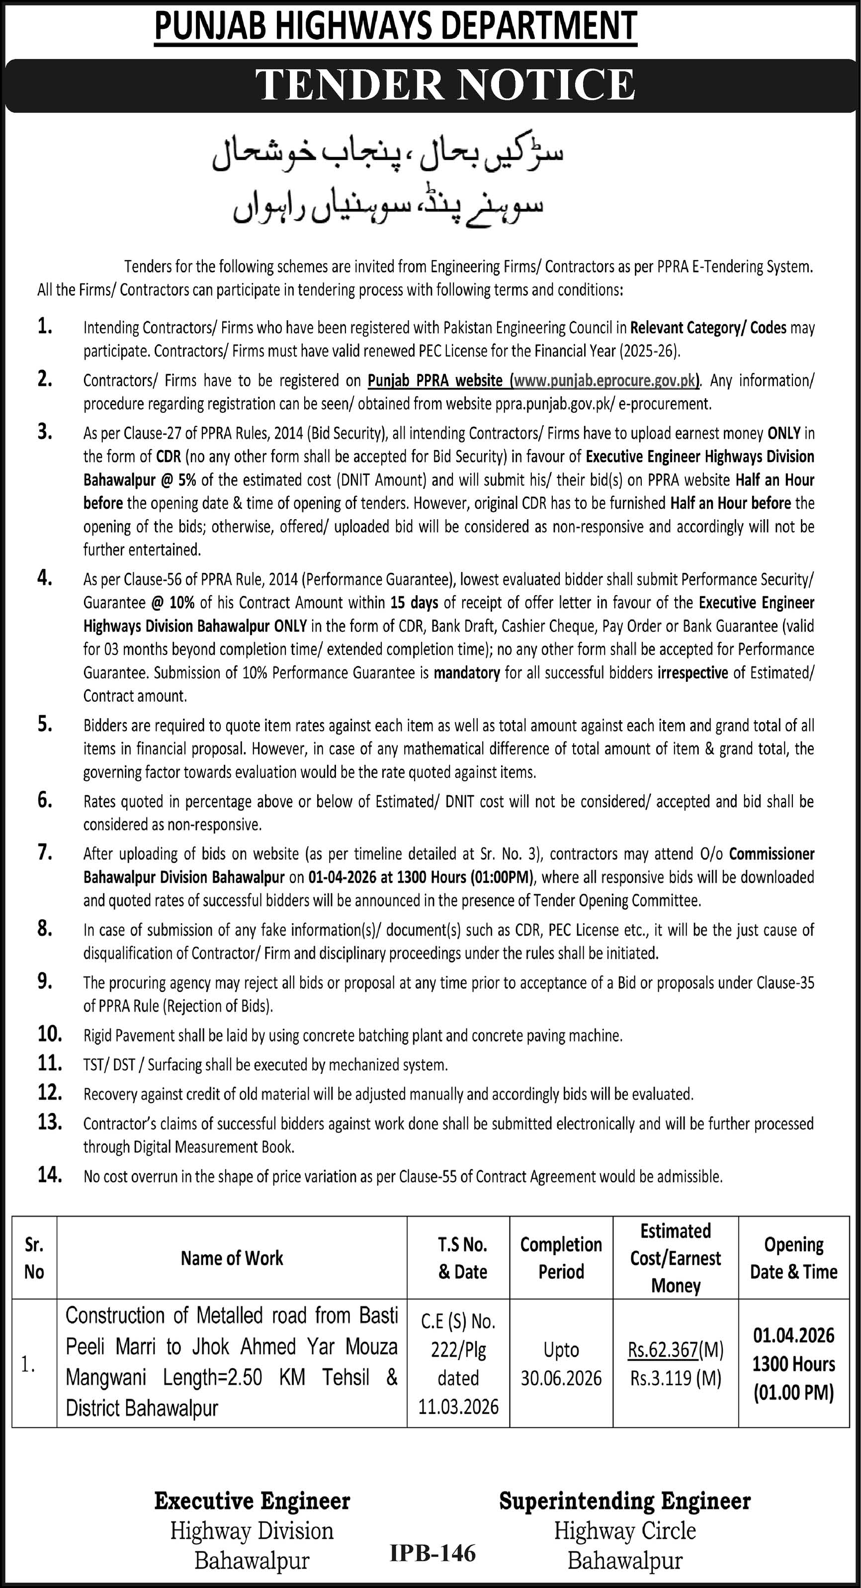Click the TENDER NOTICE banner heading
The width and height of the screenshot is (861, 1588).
(x=445, y=85)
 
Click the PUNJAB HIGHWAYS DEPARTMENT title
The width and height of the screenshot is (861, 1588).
(x=395, y=27)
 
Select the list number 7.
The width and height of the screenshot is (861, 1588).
(x=44, y=853)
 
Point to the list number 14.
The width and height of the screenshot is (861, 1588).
(x=50, y=1175)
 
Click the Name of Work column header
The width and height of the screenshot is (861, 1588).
(x=232, y=1258)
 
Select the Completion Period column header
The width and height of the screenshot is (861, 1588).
(x=561, y=1258)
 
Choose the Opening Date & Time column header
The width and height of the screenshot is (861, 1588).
(x=793, y=1258)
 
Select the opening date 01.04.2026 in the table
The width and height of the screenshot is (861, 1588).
(x=794, y=1336)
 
